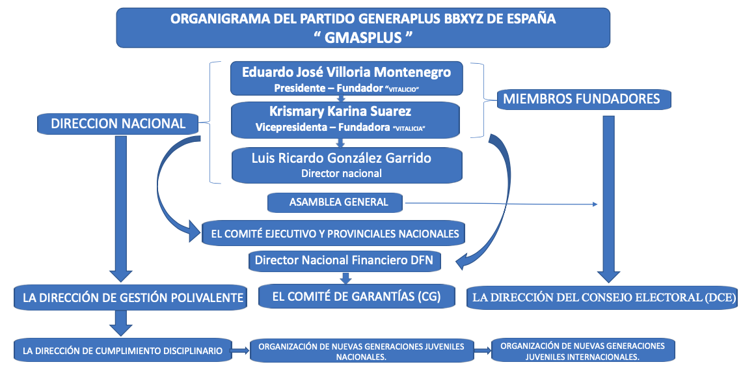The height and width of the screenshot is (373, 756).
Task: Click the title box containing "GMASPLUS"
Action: [x=363, y=27]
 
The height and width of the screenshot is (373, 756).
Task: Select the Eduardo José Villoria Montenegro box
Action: [x=346, y=78]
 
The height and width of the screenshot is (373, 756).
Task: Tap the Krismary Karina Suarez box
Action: [x=346, y=118]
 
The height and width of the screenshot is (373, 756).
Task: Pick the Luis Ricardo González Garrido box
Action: [x=346, y=164]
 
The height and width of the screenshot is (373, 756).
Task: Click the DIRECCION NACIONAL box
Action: [x=118, y=123]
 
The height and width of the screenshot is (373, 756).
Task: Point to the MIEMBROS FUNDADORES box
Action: [x=582, y=100]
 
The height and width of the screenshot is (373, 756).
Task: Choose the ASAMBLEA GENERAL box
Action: [x=335, y=202]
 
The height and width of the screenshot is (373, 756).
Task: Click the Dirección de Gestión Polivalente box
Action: [x=129, y=298]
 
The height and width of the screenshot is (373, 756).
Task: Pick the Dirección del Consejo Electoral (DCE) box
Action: [x=604, y=298]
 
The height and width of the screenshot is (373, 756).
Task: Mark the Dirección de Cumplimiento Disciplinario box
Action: [x=122, y=350]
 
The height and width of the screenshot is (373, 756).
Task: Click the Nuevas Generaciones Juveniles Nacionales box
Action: [x=361, y=351]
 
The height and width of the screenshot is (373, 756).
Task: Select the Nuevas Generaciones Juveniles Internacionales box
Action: [x=582, y=351]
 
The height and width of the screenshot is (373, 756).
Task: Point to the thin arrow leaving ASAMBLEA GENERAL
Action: [x=501, y=204]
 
